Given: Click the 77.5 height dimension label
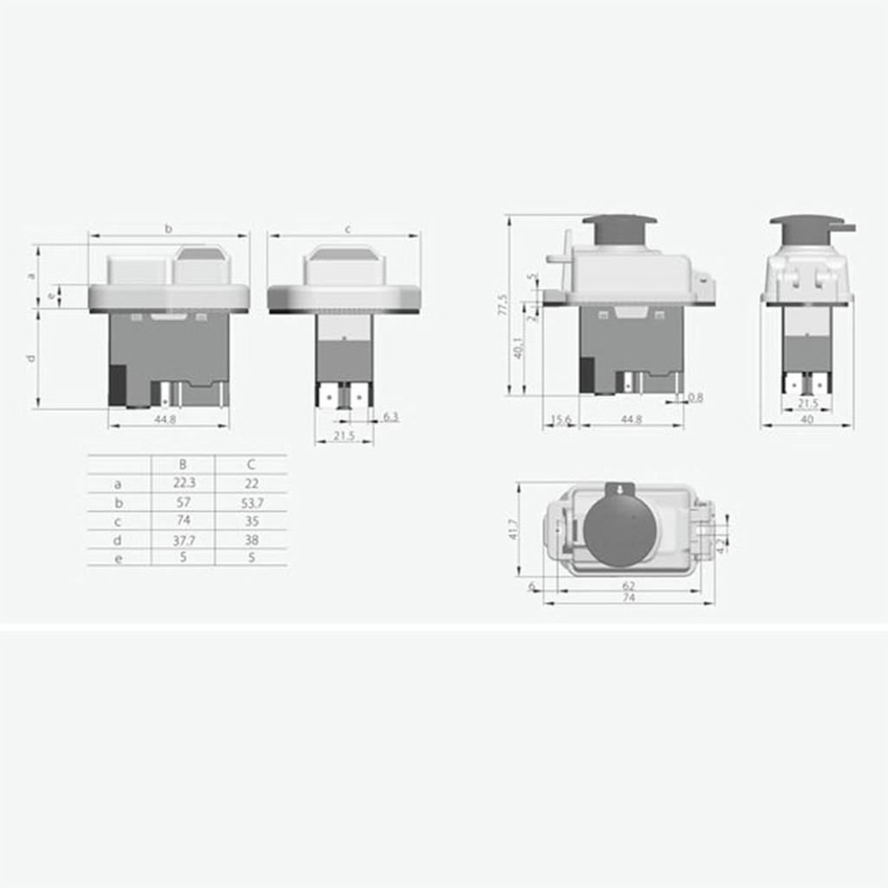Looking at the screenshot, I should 502,304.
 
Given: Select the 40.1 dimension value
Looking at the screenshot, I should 518,348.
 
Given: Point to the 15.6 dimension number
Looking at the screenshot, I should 561,420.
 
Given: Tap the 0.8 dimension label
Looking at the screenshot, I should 695,397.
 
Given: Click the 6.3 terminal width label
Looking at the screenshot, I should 390,417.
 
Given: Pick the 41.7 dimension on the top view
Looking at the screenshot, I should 513,530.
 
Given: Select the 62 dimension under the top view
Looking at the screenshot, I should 629,586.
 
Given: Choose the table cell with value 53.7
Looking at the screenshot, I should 251,502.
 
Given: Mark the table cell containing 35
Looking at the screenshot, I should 251,520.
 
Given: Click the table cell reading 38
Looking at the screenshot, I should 251,539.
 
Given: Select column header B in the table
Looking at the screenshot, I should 182,465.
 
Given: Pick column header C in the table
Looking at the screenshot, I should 251,465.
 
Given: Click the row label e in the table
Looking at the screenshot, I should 119,558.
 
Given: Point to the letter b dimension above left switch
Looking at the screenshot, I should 168,229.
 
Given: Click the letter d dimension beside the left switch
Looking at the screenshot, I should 31,358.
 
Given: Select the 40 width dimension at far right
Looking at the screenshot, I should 806,420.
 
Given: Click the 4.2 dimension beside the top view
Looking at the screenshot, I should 721,545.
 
